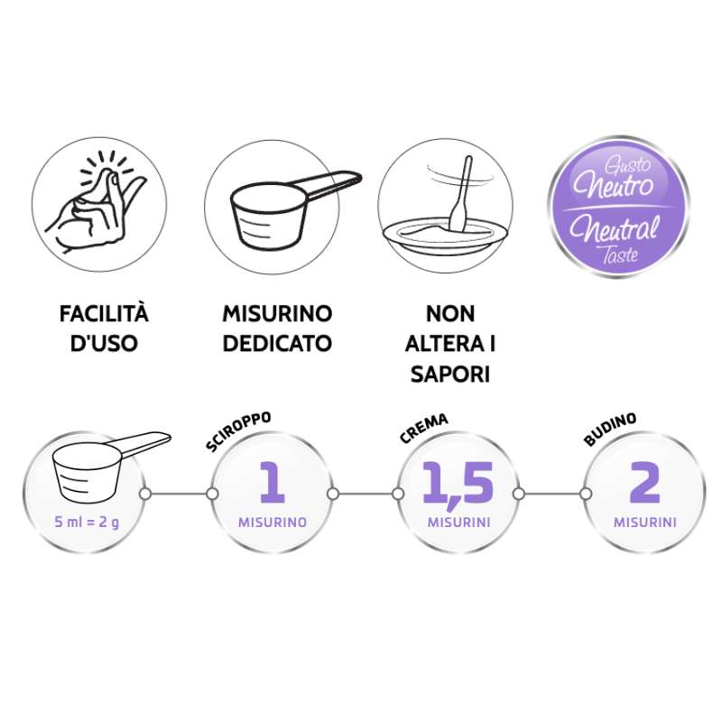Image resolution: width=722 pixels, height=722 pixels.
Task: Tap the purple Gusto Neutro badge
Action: [618, 207]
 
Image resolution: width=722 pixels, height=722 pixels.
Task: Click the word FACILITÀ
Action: [104, 314]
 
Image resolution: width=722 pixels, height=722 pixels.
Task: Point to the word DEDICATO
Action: [277, 344]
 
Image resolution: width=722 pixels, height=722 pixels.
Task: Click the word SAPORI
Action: [449, 374]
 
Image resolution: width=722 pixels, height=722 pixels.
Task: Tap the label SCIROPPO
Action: [238, 431]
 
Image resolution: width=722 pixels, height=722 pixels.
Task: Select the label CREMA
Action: [423, 429]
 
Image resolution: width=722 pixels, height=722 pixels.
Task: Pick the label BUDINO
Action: [610, 430]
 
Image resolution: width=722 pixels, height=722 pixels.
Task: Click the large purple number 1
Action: [273, 482]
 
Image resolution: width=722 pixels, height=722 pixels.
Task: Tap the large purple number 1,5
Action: [458, 485]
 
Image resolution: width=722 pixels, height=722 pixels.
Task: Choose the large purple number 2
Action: [644, 482]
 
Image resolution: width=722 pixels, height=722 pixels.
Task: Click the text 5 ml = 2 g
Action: [87, 523]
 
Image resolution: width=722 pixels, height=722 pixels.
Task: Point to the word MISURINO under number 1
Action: [273, 523]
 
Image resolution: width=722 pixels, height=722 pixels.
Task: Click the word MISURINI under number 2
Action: [644, 523]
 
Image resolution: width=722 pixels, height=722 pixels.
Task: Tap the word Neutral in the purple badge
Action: [615, 228]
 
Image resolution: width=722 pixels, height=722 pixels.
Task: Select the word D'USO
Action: [104, 344]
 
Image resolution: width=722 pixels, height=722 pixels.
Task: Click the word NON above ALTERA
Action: [449, 314]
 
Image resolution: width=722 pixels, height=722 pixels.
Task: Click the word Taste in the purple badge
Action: [620, 255]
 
